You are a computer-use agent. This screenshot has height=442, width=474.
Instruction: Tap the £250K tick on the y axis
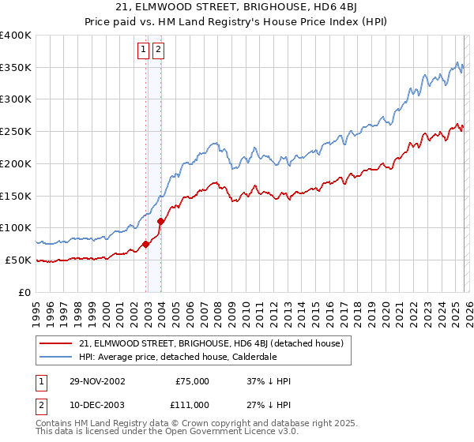pos(16,131)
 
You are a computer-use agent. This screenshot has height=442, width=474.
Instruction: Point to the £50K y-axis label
pos(18,260)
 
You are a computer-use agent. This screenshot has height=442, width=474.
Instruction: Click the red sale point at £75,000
pos(146,244)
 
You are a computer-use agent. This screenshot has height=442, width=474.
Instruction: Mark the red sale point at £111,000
pos(160,221)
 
